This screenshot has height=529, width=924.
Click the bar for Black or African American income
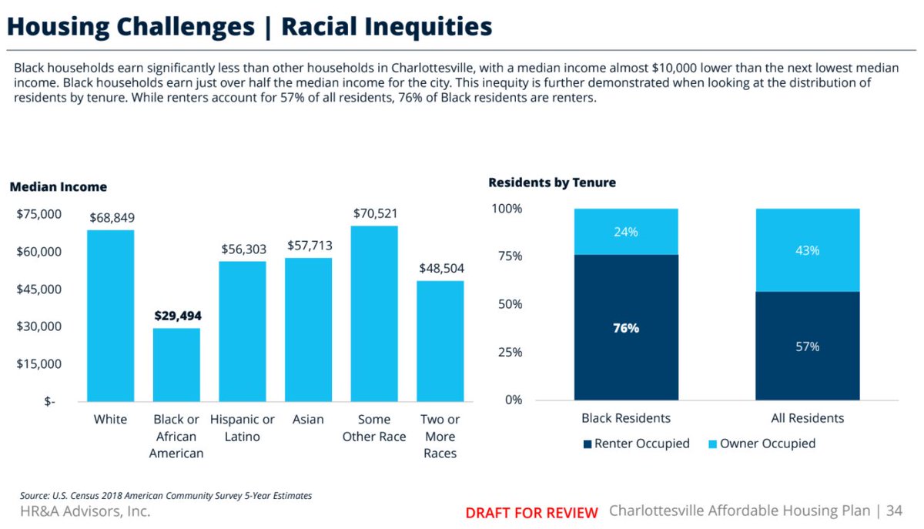click(176, 364)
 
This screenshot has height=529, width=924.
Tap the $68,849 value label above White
click(110, 218)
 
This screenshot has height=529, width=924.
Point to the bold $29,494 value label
click(176, 316)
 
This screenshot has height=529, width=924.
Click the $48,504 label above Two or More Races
click(441, 269)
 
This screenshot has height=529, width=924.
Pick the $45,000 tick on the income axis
click(38, 290)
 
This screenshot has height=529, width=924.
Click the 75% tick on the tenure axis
click(507, 256)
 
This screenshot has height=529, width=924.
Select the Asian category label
click(308, 420)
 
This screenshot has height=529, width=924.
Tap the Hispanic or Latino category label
click(243, 428)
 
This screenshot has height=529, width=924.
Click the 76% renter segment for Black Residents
click(626, 327)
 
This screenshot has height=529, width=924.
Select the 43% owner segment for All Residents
click(808, 250)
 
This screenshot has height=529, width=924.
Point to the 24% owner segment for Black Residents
click(626, 232)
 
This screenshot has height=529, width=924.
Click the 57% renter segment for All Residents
click(808, 346)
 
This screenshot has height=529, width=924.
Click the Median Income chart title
click(58, 187)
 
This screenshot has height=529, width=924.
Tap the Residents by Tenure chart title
click(551, 182)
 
